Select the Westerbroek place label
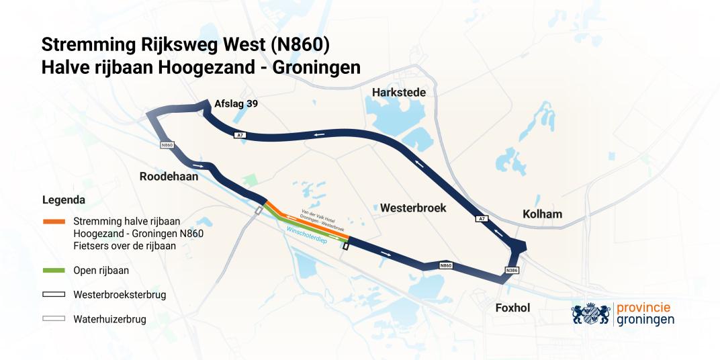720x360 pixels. pos(413,208)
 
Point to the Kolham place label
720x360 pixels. pos(542,214)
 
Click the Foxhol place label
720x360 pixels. pos(512,308)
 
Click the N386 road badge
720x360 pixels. pos(512,271)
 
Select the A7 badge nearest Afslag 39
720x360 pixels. pos(240,135)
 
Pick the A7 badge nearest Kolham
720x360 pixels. pos(481,219)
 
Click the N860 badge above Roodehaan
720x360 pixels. pos(168,145)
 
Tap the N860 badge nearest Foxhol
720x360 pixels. pos(445,266)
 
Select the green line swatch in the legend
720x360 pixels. pos(53,271)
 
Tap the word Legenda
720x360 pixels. pos(63,200)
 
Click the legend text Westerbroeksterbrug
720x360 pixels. pos(120,294)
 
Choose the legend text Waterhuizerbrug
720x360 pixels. pos(109,319)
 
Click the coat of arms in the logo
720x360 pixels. pos(593,313)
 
